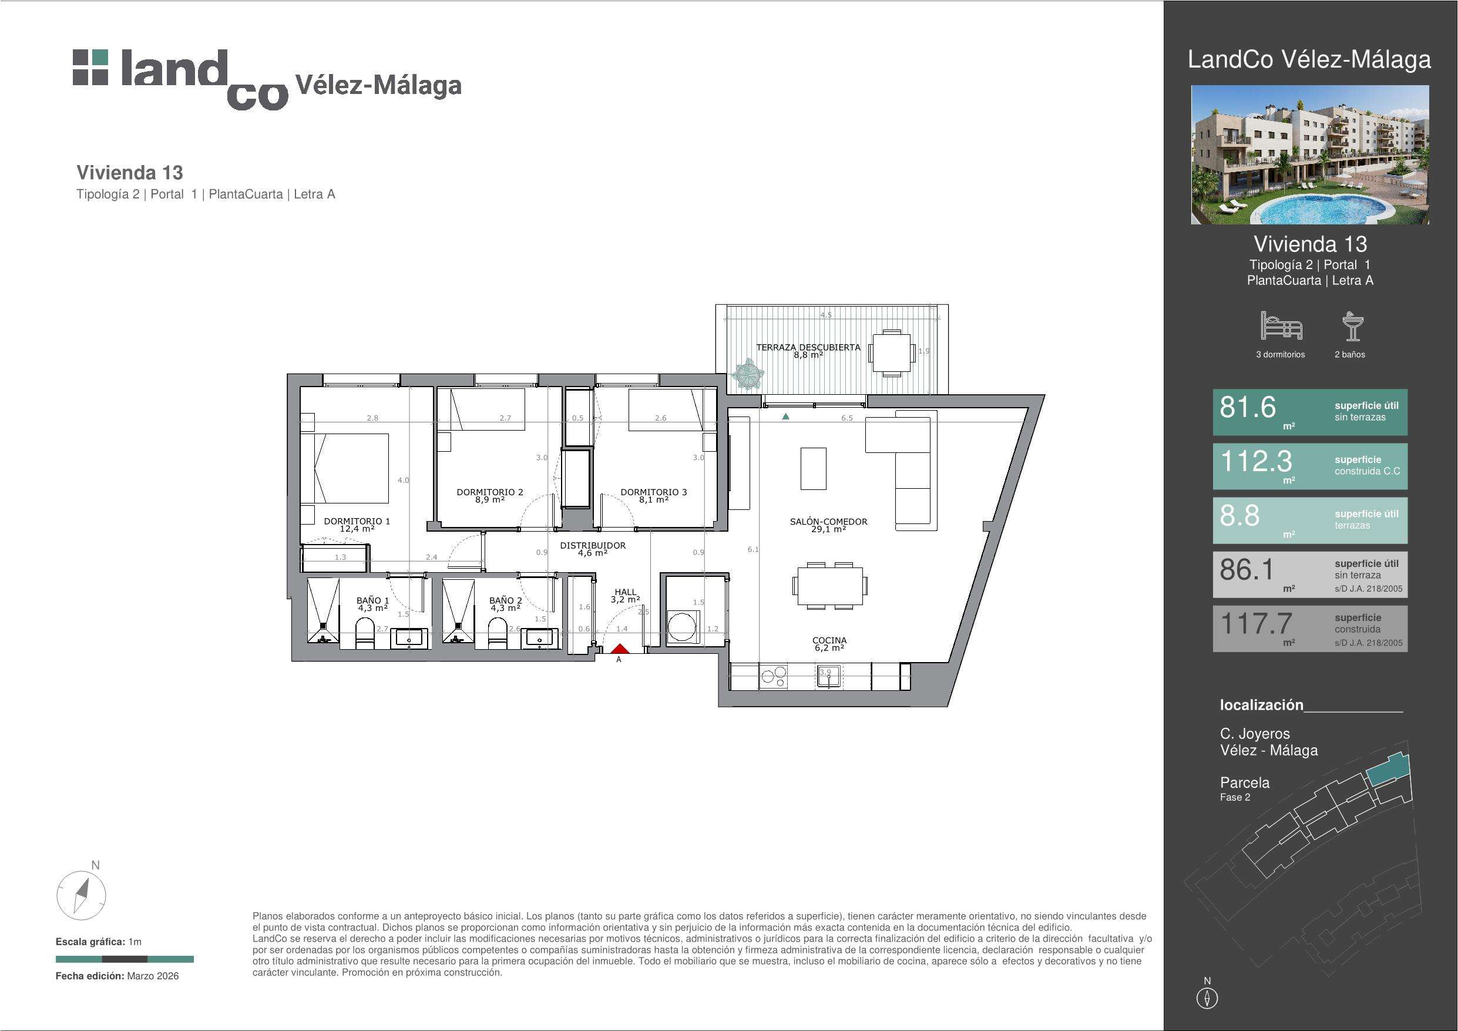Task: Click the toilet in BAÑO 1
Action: click(365, 634)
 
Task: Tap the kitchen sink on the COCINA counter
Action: click(829, 676)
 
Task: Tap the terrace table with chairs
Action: click(892, 352)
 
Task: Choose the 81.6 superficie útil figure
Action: click(1247, 407)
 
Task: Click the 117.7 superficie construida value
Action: click(1255, 623)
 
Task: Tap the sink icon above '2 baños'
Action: click(1351, 326)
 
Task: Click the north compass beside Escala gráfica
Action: click(81, 896)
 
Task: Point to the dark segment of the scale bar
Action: click(125, 959)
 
